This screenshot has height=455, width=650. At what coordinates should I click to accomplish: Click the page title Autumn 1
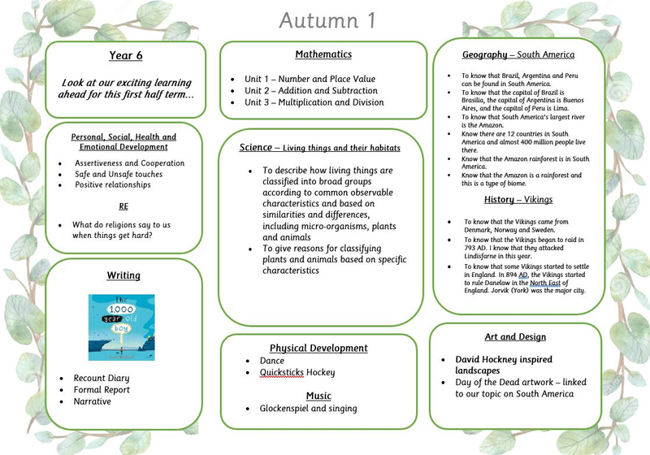pos(327,19)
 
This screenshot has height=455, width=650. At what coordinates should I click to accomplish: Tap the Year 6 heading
pos(126,55)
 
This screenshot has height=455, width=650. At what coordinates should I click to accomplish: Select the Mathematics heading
pos(323,54)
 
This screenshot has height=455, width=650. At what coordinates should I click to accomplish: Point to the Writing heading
pos(123,276)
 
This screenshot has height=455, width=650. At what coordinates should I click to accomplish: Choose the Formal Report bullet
pos(102,390)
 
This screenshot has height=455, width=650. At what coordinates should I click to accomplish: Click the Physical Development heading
pos(318,348)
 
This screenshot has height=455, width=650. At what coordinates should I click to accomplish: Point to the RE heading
pos(123,206)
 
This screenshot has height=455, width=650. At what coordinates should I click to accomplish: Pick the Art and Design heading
pos(515,337)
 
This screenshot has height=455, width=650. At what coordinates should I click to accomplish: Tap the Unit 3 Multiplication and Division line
pos(314,102)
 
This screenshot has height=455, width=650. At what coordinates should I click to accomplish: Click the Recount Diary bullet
pos(102,379)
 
